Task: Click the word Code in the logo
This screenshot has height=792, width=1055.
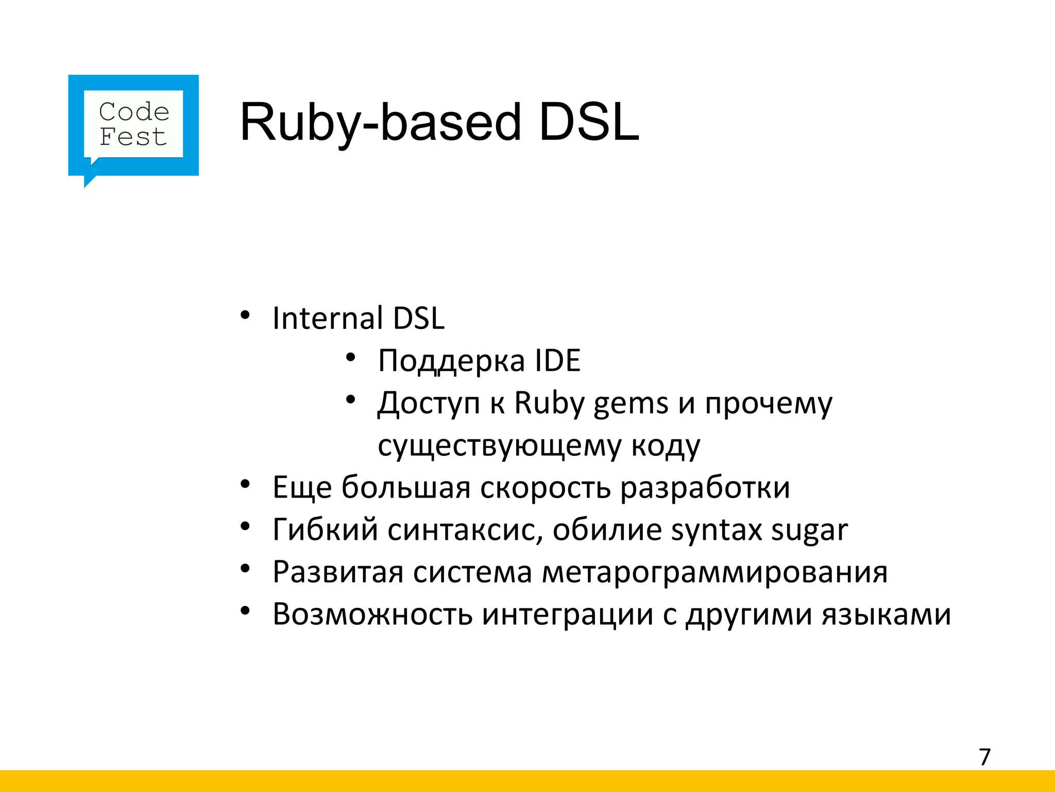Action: tap(134, 112)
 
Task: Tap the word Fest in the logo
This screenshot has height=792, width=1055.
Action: tap(133, 137)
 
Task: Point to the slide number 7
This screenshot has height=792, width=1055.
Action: tap(984, 757)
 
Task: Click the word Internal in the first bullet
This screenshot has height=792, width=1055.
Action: tap(328, 318)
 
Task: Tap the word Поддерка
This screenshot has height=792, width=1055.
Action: tap(451, 360)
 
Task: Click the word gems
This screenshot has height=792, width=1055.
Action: tap(631, 403)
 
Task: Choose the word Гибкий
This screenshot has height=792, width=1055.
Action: tap(325, 530)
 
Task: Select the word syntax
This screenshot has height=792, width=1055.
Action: tap(716, 531)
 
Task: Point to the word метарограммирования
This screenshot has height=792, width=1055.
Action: tap(715, 572)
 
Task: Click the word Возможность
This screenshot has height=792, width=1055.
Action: tap(372, 614)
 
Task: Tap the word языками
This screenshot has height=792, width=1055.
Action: tap(886, 615)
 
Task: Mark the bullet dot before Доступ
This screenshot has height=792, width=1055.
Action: tap(351, 400)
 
